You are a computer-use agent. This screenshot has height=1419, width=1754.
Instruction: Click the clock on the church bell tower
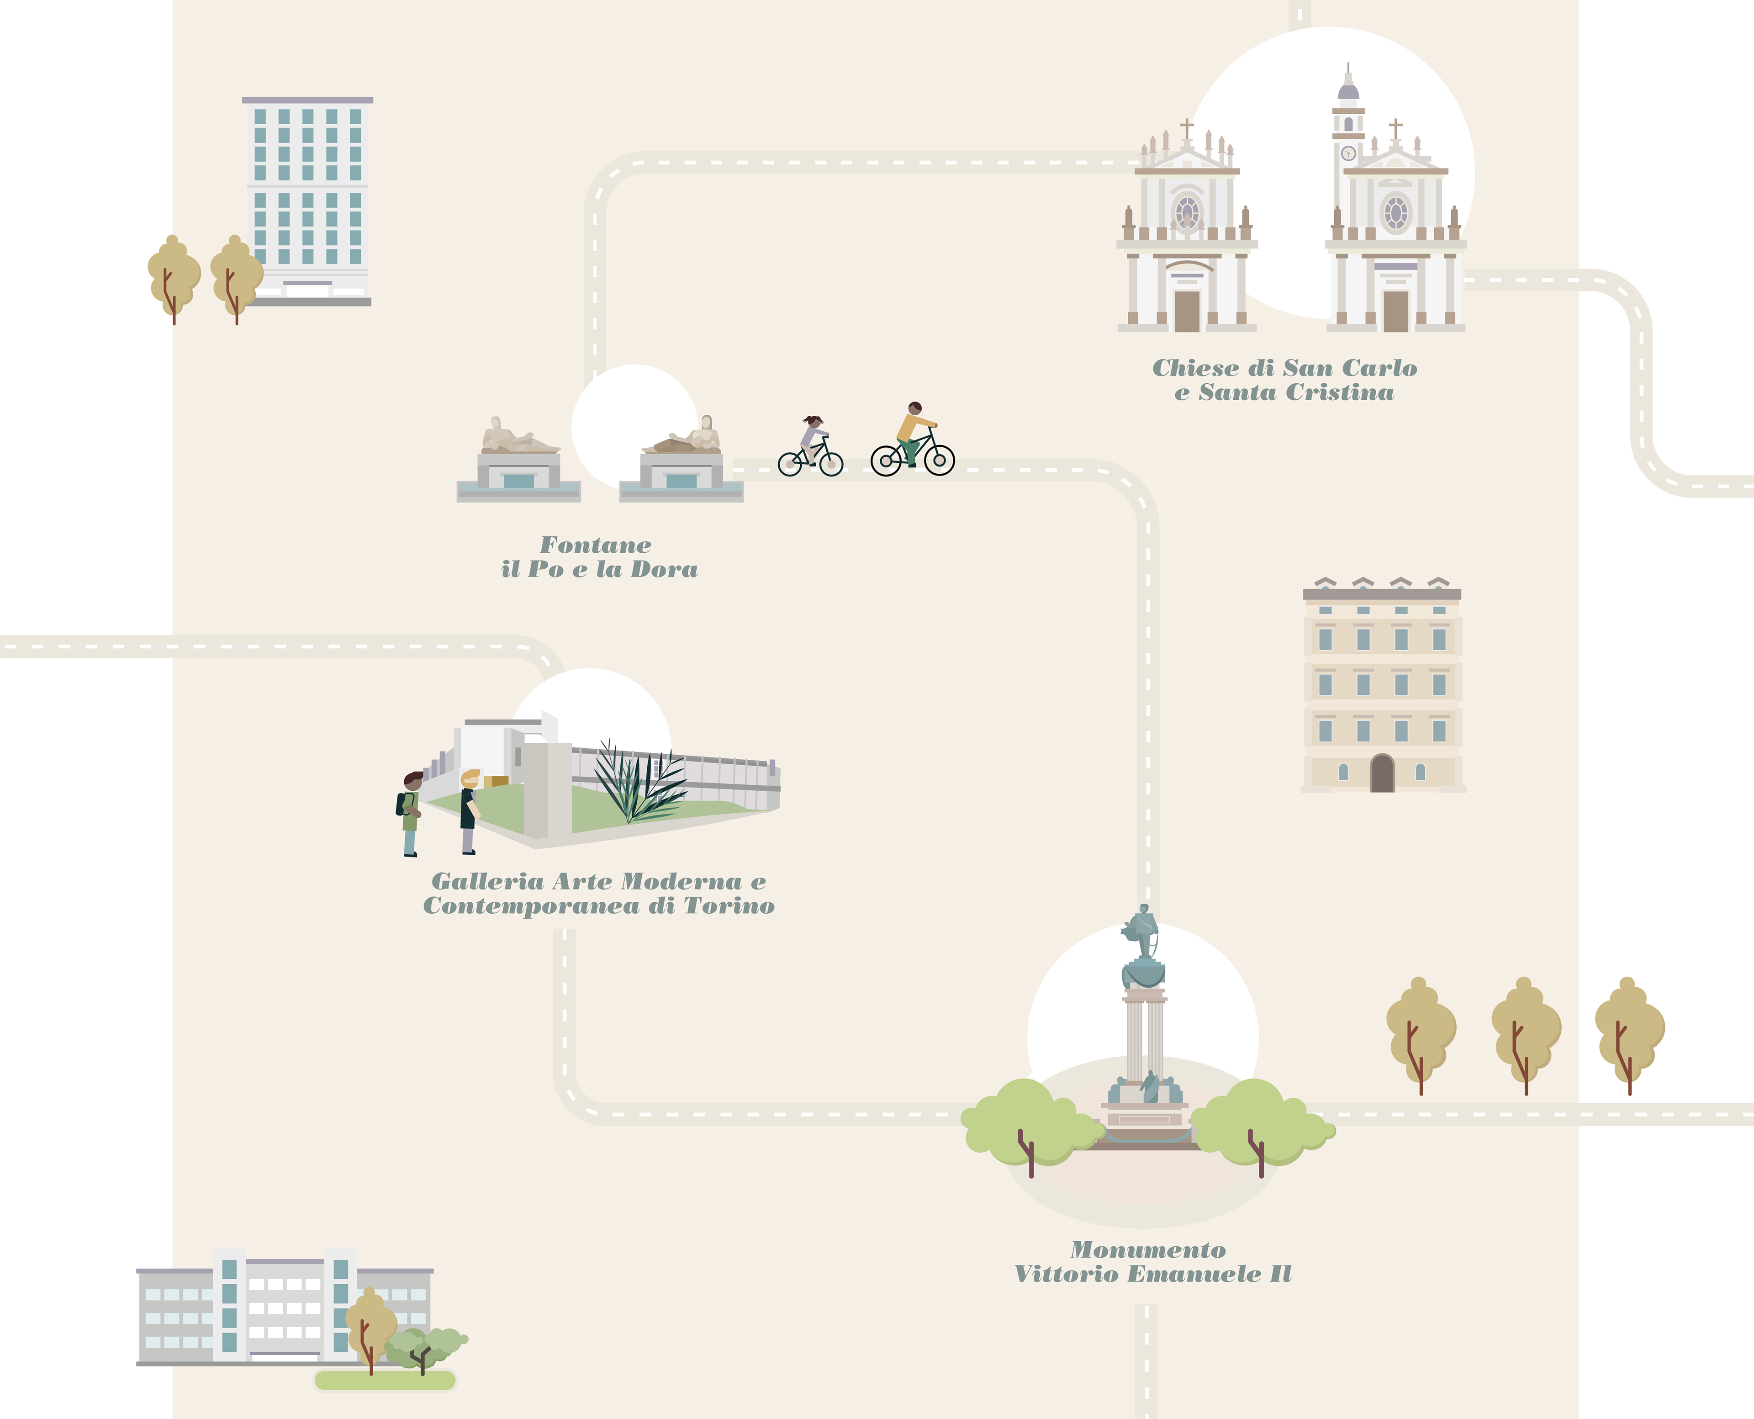tap(1348, 153)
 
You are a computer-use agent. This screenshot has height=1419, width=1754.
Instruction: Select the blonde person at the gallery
tap(468, 809)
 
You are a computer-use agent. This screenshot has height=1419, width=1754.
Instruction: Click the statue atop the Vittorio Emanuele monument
tap(1142, 932)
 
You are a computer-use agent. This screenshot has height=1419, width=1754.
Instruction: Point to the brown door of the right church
tap(1395, 311)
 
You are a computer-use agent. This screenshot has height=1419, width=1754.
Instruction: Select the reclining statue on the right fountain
tap(685, 437)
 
